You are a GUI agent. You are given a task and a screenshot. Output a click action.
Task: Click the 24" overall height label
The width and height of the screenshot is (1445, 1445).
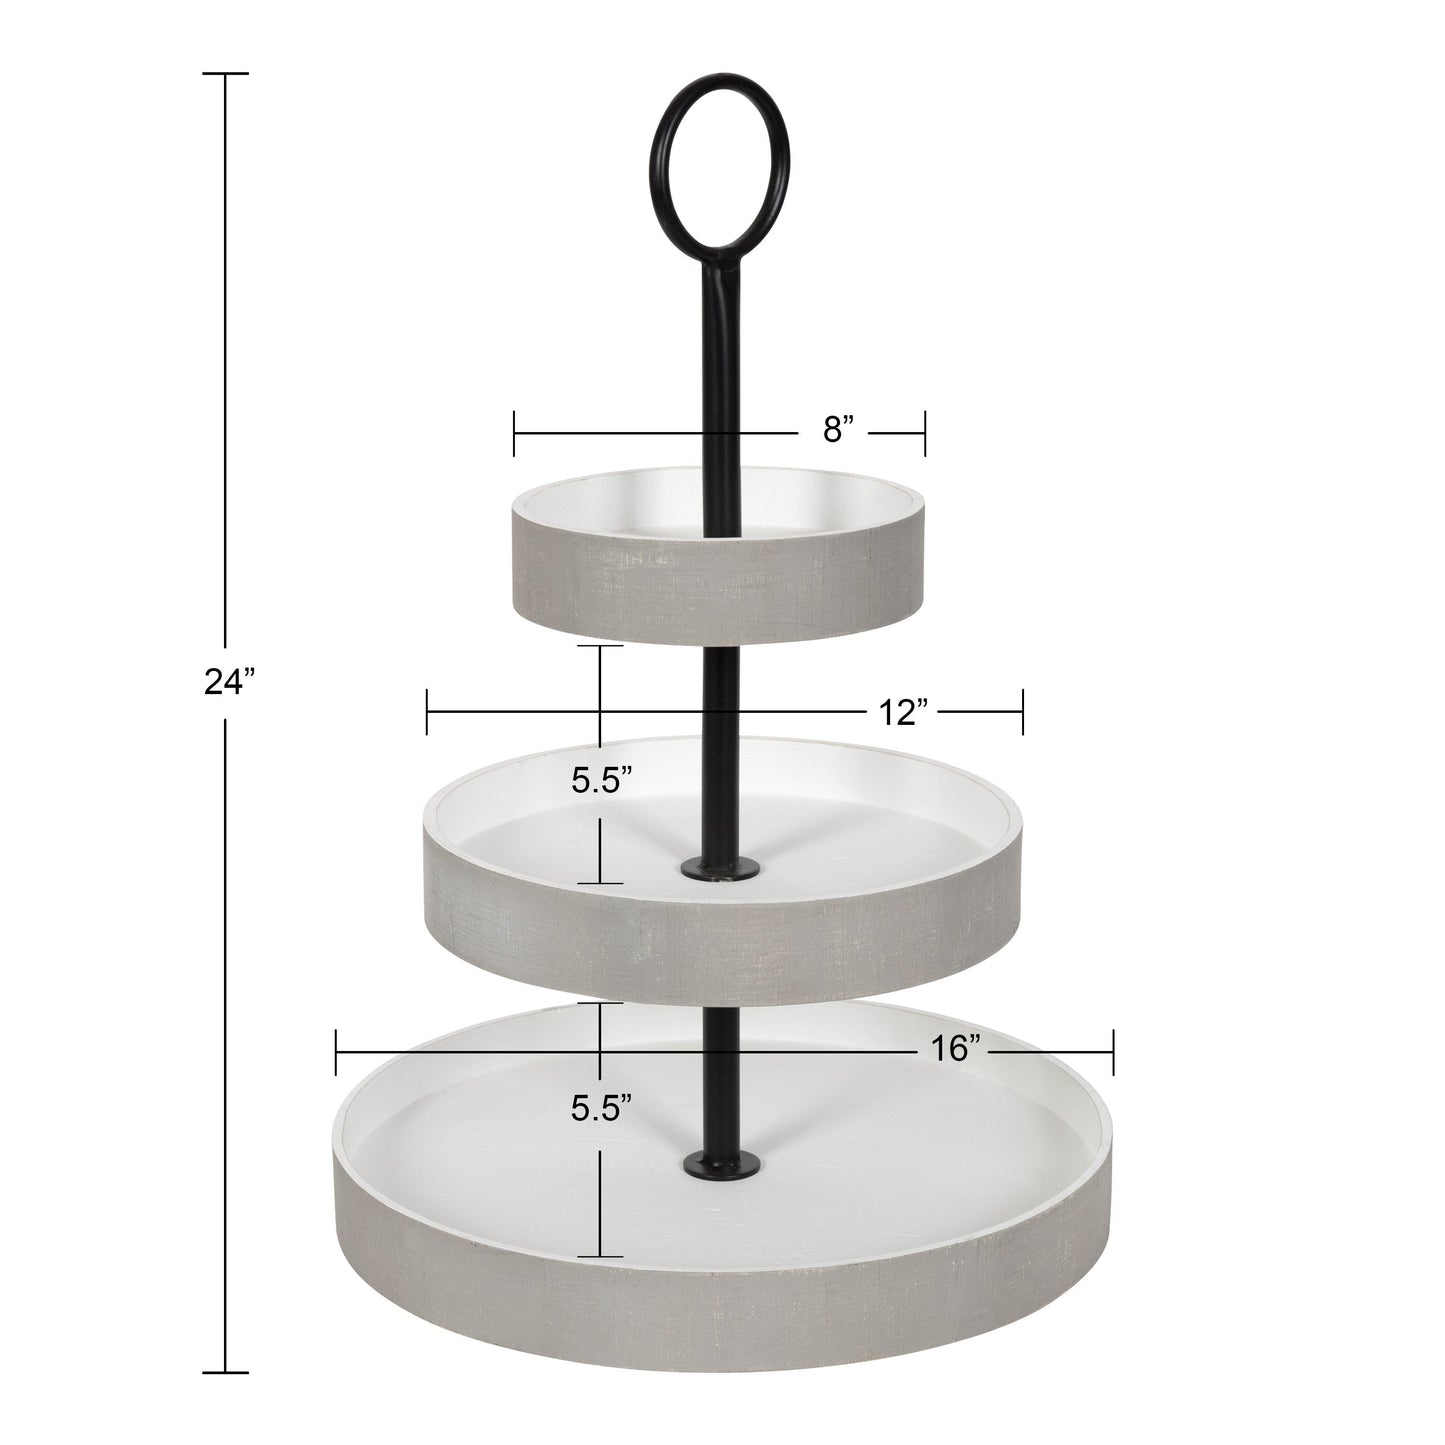(230, 682)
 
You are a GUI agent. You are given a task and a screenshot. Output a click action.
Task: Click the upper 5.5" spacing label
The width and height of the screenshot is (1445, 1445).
(600, 782)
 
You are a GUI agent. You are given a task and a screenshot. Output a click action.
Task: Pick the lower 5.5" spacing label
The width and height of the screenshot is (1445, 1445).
(600, 1108)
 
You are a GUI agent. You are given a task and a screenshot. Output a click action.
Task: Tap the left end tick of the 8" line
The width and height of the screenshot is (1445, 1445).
(514, 432)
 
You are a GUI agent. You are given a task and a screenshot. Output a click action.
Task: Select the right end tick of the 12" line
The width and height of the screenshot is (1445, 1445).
(1023, 712)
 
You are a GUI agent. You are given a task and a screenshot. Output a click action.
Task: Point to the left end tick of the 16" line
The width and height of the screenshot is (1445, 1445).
(337, 1051)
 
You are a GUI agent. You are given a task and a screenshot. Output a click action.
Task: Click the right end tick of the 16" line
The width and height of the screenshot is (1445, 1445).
(1113, 1051)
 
